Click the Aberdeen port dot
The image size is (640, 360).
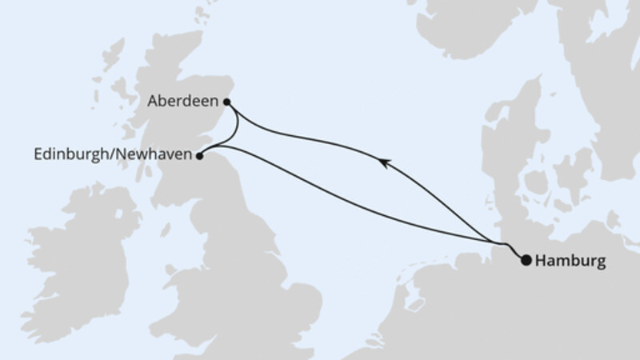point(227,102)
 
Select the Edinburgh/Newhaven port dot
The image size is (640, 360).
point(201,156)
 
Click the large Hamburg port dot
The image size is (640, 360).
point(526,259)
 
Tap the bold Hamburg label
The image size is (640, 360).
point(571,260)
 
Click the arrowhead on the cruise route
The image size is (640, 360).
point(385,163)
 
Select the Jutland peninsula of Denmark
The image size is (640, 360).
point(512,160)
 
